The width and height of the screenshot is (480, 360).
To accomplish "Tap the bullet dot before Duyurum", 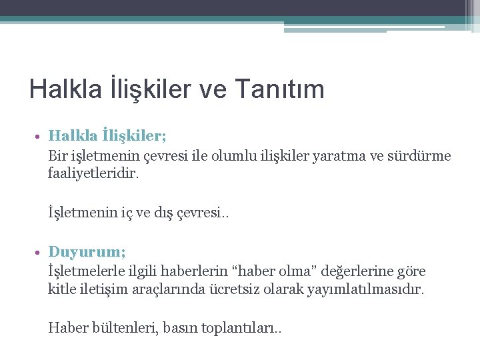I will pyautogui.click(x=39, y=253).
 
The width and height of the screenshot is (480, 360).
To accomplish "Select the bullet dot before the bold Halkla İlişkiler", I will pyautogui.click(x=39, y=137).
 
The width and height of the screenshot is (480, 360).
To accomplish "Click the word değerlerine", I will pyautogui.click(x=358, y=271).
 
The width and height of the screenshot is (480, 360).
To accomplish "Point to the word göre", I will pyautogui.click(x=411, y=272).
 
